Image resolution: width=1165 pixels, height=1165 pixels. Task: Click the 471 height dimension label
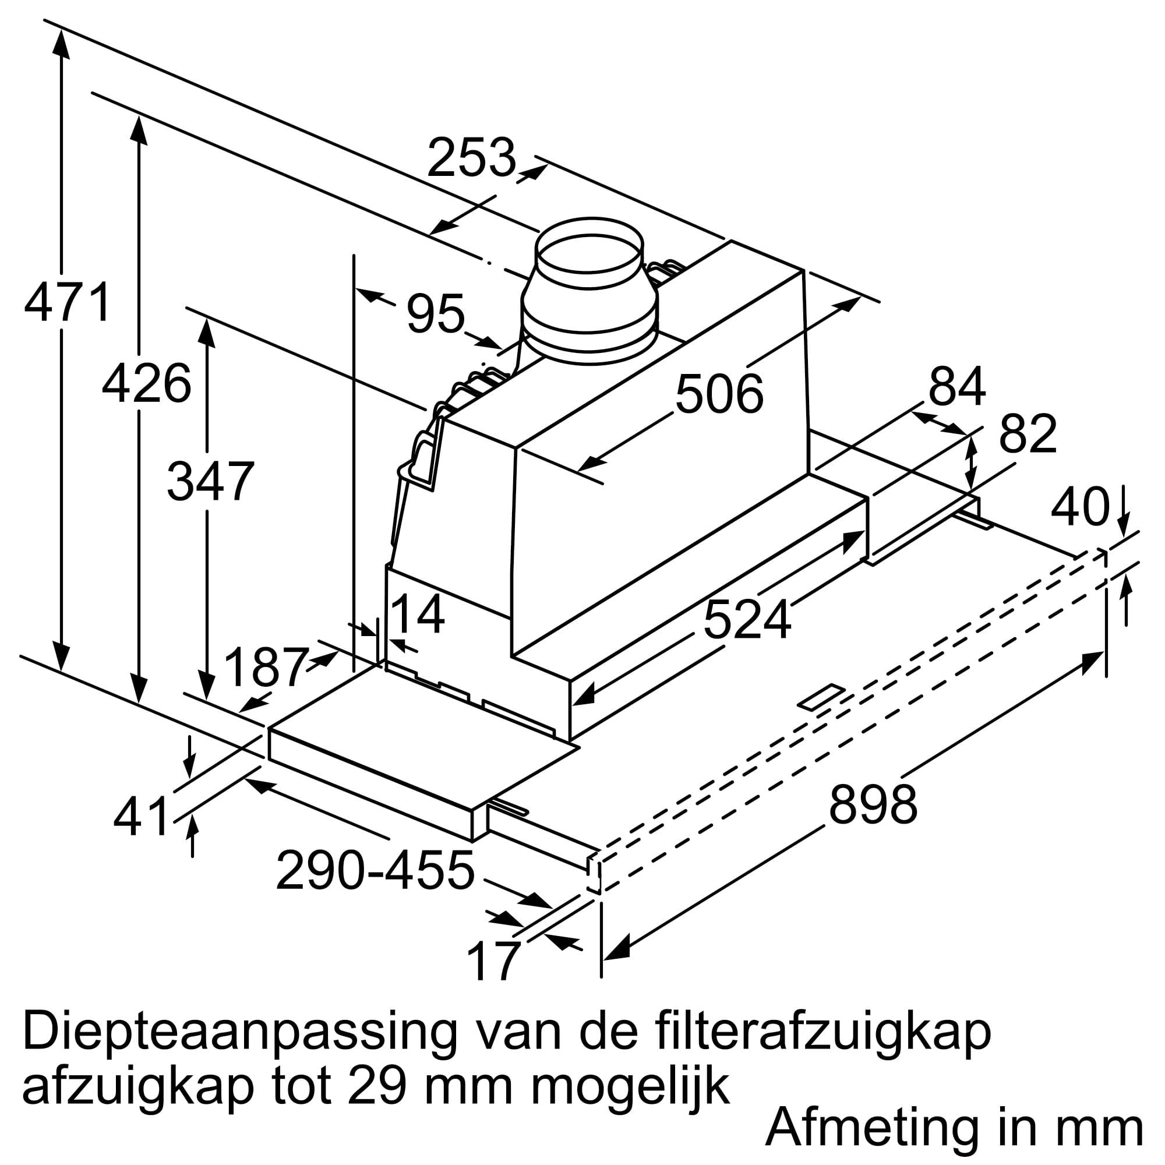pos(68,302)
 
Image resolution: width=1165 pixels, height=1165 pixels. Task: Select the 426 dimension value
pos(147,383)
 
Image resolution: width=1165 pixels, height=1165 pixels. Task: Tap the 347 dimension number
pos(210,481)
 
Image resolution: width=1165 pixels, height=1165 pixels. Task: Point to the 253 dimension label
pos(472,157)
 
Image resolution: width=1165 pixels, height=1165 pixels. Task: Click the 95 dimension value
pos(435,313)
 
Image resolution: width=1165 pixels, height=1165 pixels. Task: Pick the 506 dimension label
pos(719,394)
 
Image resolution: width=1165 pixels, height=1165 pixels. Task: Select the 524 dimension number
pos(747,620)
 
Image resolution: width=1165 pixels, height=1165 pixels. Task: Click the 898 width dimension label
pos(873,803)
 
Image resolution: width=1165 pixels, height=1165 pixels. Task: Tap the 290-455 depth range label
pos(375,870)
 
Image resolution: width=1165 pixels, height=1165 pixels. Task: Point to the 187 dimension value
pos(266,666)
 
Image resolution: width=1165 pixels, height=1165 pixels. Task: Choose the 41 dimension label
pos(141,815)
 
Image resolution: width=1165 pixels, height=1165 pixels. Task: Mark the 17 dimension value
pos(493,962)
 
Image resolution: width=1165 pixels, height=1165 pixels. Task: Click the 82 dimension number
pos(1028,433)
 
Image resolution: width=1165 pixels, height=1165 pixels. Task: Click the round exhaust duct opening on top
pos(589,253)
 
